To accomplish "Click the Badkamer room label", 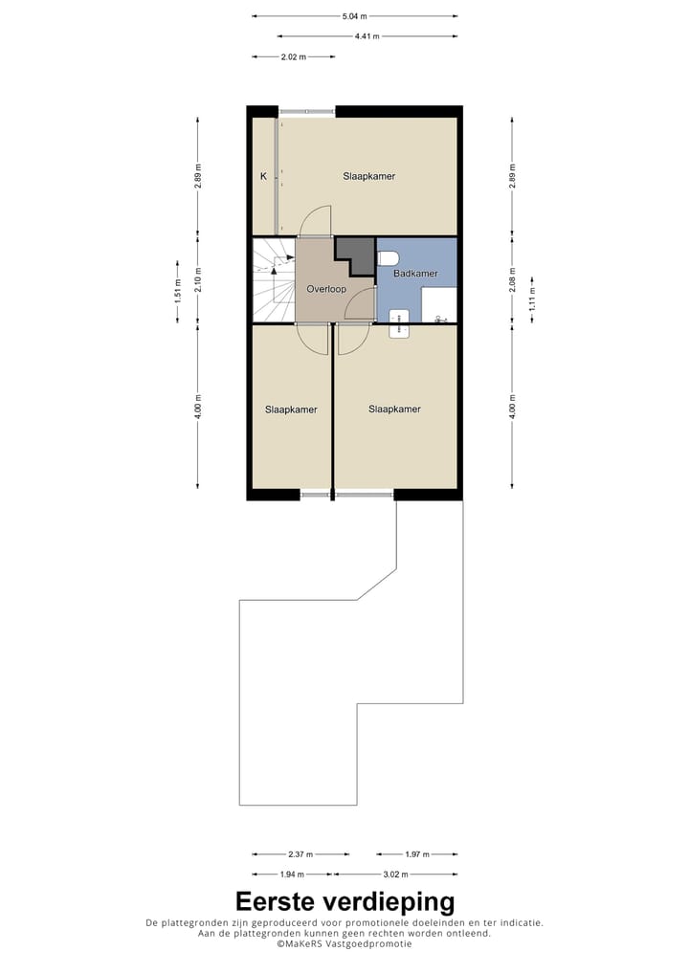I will [416, 274].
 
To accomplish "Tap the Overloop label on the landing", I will [325, 288].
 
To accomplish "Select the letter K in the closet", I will [262, 176].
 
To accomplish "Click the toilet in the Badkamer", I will [388, 258].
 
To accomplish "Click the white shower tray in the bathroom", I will [440, 306].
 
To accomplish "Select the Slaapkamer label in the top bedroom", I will [369, 176].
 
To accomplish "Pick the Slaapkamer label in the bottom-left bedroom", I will [291, 410].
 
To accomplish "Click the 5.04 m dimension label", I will [354, 16].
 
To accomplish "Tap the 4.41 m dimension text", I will [367, 36].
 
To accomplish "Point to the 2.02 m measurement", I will [293, 57].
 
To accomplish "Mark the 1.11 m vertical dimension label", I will [533, 301].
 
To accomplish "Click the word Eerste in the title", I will [283, 901].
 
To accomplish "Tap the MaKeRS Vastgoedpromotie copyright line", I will [344, 943].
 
